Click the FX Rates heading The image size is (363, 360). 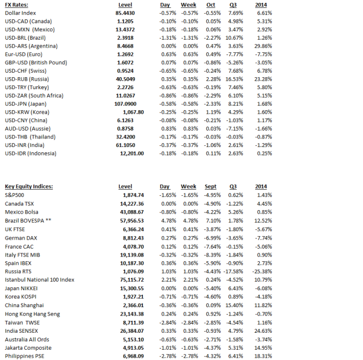point(16,5)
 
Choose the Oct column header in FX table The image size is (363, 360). point(212,5)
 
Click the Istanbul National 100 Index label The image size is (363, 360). point(40,280)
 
